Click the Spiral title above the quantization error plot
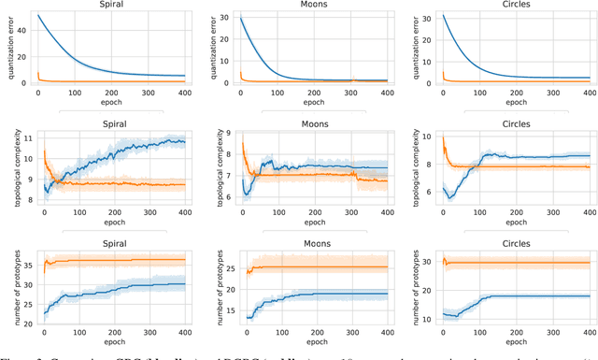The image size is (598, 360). [111, 5]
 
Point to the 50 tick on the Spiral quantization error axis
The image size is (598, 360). [26, 17]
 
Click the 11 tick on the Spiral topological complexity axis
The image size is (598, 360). [26, 139]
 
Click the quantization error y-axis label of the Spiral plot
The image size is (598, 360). [7, 48]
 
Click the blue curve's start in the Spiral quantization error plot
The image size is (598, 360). [37, 14]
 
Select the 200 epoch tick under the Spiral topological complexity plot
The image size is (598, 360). [111, 212]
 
